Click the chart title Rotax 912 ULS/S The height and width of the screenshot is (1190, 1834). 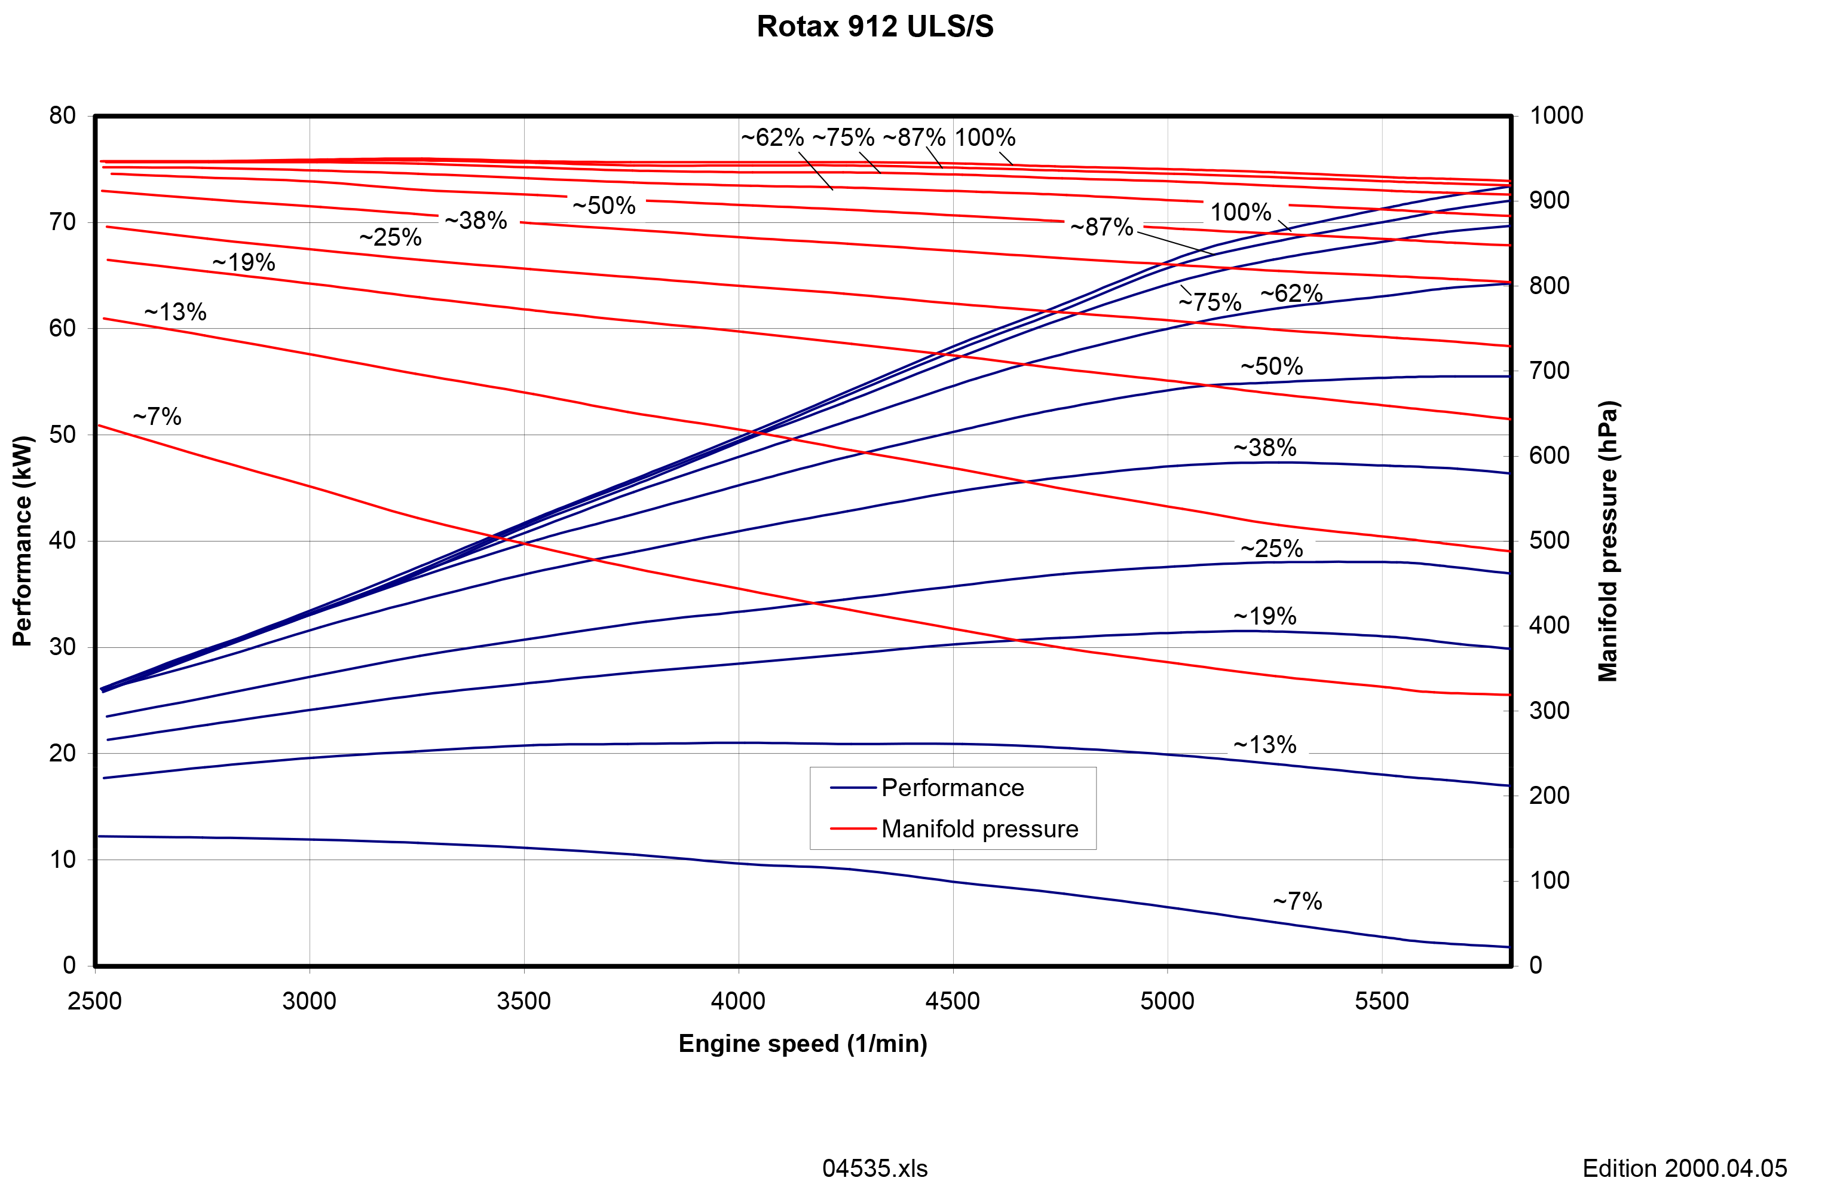[x=875, y=27]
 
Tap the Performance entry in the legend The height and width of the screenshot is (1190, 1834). [x=953, y=788]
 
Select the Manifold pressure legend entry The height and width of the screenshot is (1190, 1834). [x=979, y=828]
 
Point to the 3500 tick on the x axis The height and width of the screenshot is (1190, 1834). [x=524, y=1001]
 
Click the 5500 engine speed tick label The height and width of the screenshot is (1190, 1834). [x=1382, y=1001]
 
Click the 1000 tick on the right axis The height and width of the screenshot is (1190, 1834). [x=1556, y=115]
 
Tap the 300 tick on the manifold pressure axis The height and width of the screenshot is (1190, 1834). [x=1549, y=711]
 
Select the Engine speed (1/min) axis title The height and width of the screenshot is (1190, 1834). [x=802, y=1044]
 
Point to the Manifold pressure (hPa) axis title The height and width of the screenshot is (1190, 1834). [x=1608, y=541]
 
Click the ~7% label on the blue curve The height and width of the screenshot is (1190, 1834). [x=1297, y=900]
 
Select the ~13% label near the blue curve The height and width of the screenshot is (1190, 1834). [x=1264, y=745]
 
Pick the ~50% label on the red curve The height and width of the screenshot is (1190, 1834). [x=604, y=205]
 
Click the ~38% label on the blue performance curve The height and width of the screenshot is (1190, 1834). [x=1264, y=447]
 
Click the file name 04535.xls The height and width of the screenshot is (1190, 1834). [x=875, y=1168]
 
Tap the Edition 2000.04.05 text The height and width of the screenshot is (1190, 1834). [x=1685, y=1168]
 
